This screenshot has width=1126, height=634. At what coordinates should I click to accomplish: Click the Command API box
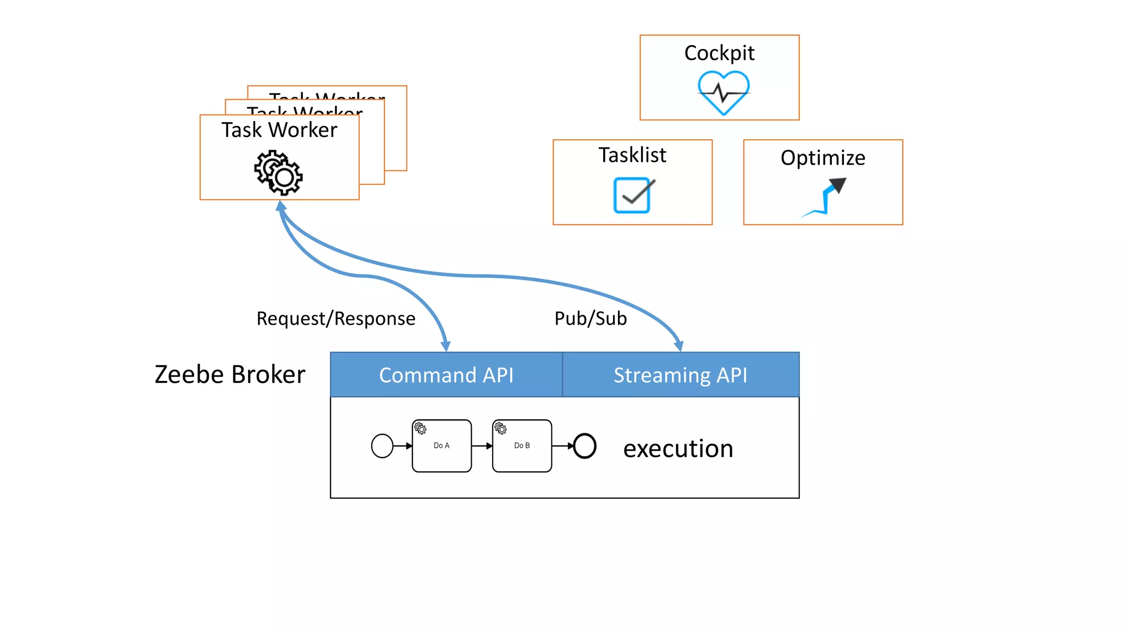coord(446,375)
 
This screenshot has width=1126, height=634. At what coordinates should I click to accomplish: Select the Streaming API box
coord(680,375)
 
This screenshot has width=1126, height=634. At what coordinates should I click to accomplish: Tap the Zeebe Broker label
coord(230,374)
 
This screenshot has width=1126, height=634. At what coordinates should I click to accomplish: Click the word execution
coord(678,449)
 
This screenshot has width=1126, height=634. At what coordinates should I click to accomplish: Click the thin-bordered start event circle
coord(382,446)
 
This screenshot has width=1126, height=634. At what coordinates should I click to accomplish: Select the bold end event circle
coord(584,446)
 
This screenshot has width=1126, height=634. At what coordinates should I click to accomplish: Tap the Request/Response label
coord(335,319)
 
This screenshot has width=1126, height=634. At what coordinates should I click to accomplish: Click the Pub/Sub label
coord(590,319)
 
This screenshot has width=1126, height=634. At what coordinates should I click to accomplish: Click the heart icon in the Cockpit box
coord(724,93)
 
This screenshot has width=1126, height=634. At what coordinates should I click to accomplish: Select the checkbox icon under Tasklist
coord(633,195)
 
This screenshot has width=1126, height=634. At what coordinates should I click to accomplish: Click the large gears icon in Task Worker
coord(279,173)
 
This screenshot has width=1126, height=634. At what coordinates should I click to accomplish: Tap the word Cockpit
coord(719,53)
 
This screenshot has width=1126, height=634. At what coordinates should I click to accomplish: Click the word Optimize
coord(823,158)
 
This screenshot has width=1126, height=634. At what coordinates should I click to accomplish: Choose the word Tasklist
coord(632,155)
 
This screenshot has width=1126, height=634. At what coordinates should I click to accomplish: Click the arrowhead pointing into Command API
coord(446,346)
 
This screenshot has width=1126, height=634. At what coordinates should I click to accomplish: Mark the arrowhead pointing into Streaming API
coord(679,346)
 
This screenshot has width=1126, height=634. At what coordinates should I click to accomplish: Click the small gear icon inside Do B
coord(500,428)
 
